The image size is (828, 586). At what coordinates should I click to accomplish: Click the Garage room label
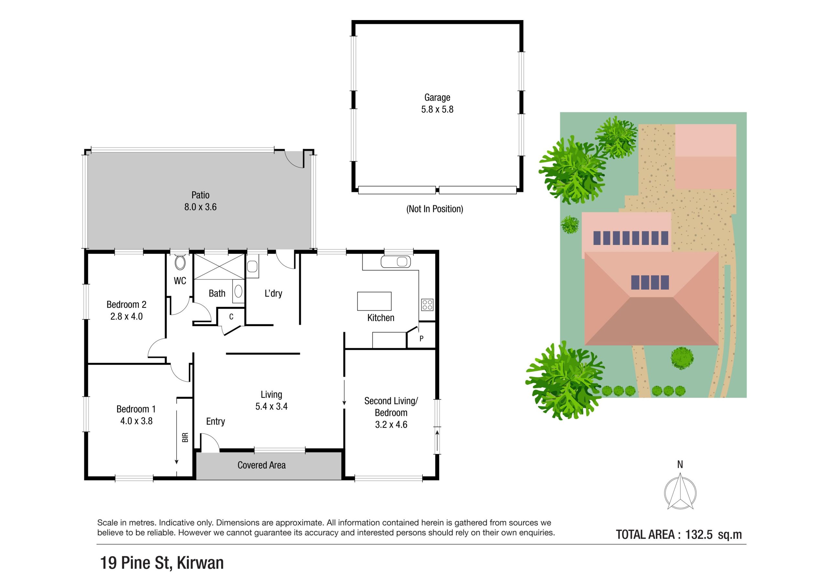tap(437, 97)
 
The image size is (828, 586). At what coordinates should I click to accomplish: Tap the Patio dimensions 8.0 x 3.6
tap(201, 207)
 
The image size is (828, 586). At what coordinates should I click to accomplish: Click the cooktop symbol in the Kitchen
tap(427, 305)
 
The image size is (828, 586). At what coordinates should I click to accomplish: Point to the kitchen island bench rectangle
tap(374, 301)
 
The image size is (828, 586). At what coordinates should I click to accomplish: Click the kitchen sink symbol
tap(396, 261)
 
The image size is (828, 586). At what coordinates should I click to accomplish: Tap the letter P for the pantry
tap(421, 338)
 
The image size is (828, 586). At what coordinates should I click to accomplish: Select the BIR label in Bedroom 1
tap(185, 437)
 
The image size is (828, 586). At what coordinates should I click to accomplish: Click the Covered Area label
tap(261, 465)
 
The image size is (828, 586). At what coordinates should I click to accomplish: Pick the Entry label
tap(215, 421)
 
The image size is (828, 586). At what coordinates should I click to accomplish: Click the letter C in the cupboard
tap(231, 317)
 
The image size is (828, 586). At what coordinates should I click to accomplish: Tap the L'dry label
tap(273, 293)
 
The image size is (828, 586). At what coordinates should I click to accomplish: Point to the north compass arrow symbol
tap(680, 492)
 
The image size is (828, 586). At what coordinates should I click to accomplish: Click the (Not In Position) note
tap(435, 209)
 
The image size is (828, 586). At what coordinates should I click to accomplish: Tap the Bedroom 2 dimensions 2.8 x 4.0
tap(126, 316)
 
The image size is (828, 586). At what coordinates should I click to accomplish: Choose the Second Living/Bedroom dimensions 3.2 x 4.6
tap(391, 424)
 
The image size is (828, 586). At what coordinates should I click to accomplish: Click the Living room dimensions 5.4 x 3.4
tap(272, 406)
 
